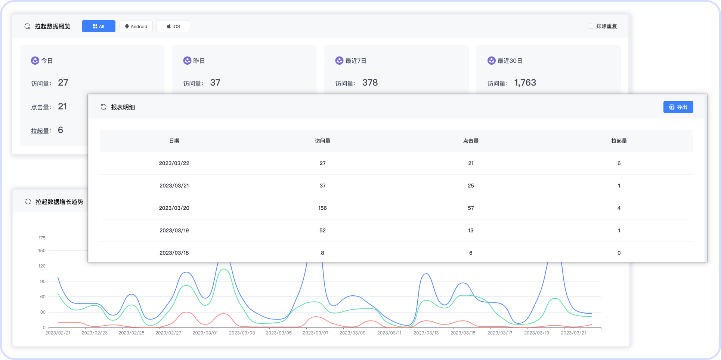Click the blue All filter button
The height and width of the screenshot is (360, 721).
(x=98, y=26)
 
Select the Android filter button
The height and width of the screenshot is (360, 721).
(x=136, y=26)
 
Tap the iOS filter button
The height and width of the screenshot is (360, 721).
(x=173, y=26)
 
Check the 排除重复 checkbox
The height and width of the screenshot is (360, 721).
(x=591, y=26)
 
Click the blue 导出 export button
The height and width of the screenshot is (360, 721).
(x=678, y=107)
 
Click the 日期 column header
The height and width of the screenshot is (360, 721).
(x=174, y=141)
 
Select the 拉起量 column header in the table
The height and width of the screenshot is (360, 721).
(x=619, y=141)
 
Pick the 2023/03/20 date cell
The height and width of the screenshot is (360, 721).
(x=174, y=208)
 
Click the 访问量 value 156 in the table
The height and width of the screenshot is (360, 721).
(x=322, y=208)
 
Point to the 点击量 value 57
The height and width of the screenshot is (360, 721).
(x=471, y=208)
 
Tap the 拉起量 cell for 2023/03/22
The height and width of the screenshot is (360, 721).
(x=619, y=163)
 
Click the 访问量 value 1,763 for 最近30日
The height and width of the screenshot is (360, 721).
(x=525, y=83)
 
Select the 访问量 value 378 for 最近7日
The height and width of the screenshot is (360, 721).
(x=370, y=83)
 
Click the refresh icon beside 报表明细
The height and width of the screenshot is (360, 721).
(x=103, y=107)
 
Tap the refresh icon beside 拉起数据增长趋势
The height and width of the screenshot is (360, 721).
(x=28, y=201)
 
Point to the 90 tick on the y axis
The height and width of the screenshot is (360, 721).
(x=43, y=281)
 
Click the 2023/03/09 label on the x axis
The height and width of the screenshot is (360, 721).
(x=352, y=333)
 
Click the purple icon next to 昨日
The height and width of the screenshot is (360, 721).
(x=187, y=61)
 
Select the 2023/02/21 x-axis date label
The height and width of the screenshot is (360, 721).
(x=58, y=333)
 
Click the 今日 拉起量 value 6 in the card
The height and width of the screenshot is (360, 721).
(x=61, y=130)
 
